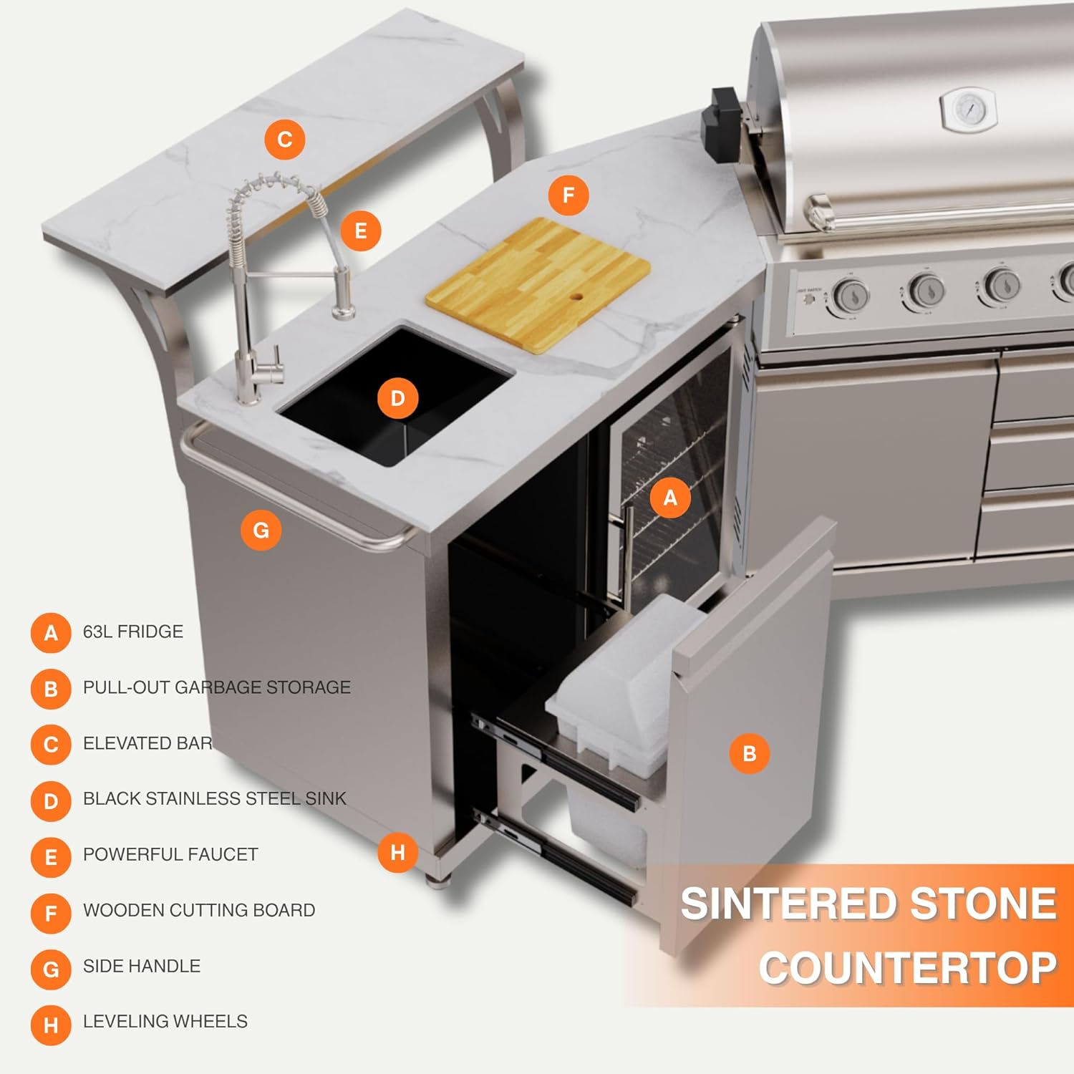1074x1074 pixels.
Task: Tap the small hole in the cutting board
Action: pos(576,296)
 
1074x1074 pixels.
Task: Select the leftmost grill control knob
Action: pos(851,295)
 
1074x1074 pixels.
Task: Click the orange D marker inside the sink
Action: pos(397,398)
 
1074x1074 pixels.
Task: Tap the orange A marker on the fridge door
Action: pos(670,498)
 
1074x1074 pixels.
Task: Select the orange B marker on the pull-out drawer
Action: pos(749,753)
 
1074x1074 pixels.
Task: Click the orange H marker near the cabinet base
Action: pos(397,852)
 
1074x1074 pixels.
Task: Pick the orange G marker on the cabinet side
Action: pos(261,531)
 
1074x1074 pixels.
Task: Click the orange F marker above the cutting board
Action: pos(569,195)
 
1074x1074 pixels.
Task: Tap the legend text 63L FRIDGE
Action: pos(133,632)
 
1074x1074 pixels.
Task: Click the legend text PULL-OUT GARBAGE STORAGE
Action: pos(216,687)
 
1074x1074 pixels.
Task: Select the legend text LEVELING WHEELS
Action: pos(165,1022)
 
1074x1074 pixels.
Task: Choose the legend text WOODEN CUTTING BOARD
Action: pos(199,910)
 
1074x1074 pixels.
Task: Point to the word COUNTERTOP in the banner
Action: pos(908,968)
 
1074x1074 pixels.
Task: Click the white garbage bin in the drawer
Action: pos(616,687)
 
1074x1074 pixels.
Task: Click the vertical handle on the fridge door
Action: pos(629,551)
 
